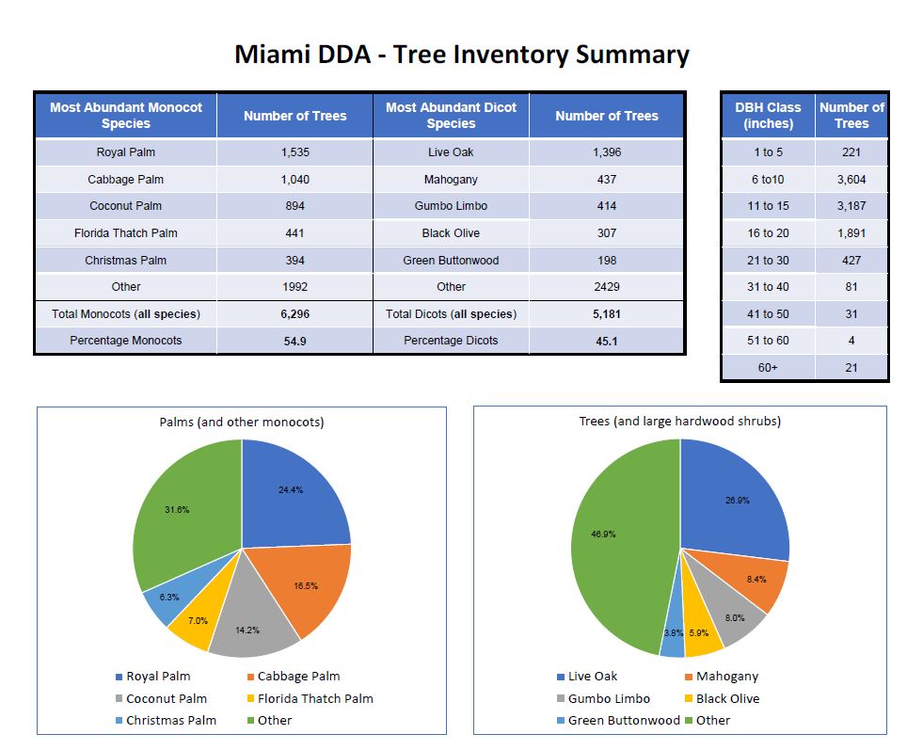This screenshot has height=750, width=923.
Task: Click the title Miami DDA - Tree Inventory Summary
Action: (x=461, y=54)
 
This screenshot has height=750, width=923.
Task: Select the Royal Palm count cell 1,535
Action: (x=294, y=152)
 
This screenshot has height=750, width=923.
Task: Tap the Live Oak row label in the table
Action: (x=451, y=152)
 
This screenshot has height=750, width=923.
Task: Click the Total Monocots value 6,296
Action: (x=294, y=314)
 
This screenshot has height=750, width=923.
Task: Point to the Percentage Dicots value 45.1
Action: (x=607, y=341)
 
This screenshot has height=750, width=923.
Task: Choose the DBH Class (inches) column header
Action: (x=768, y=116)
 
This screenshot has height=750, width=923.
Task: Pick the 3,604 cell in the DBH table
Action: (x=851, y=179)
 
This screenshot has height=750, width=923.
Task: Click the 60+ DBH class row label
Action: (x=768, y=367)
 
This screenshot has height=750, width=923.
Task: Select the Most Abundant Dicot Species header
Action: (x=451, y=116)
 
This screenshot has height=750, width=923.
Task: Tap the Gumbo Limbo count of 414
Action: (x=607, y=206)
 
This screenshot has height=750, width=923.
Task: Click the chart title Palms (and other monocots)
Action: (x=242, y=422)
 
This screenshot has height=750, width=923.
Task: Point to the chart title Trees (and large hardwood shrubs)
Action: (x=679, y=421)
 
